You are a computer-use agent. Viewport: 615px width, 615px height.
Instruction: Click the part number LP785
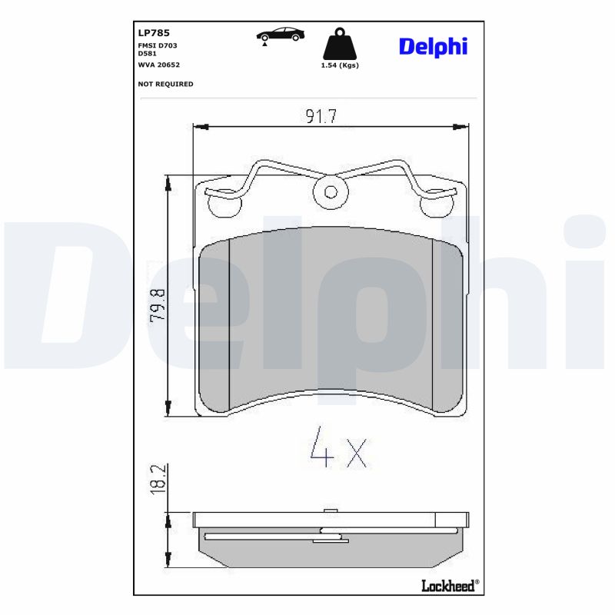click(154, 33)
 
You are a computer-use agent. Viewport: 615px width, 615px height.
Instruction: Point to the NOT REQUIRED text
click(165, 84)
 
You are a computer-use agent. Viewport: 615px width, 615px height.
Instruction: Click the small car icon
click(281, 35)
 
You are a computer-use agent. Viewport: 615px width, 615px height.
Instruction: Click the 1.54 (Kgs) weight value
click(339, 65)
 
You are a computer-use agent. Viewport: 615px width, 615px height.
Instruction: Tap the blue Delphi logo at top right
click(433, 46)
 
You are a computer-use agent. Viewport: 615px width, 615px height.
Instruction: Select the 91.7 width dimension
click(321, 116)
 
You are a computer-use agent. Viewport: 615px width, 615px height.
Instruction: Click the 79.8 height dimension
click(158, 306)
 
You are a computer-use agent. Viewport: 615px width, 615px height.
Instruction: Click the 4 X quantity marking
click(337, 451)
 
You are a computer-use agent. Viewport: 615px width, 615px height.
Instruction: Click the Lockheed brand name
click(450, 586)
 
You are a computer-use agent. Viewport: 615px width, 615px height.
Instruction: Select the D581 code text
click(147, 54)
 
